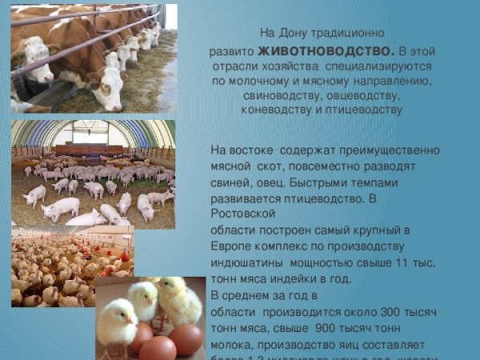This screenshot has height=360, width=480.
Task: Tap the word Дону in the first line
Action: pyautogui.click(x=301, y=34)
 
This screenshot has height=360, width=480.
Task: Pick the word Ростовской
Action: pyautogui.click(x=243, y=214)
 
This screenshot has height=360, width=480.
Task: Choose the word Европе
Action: pyautogui.click(x=234, y=246)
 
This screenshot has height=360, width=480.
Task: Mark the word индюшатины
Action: pyautogui.click(x=248, y=262)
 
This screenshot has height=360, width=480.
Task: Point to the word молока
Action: pyautogui.click(x=230, y=344)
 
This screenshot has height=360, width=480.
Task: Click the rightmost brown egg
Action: pyautogui.click(x=186, y=338)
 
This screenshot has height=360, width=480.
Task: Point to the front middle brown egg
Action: pyautogui.click(x=158, y=349)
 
